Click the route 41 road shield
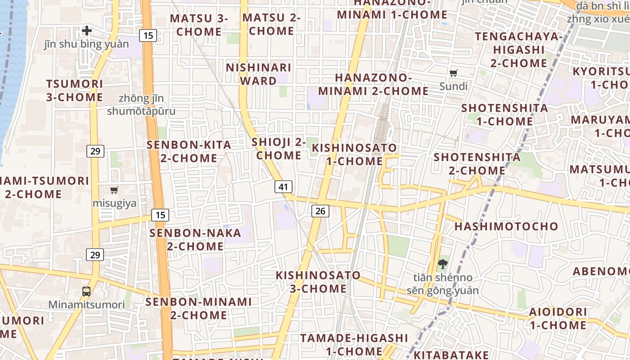283,187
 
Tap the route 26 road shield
320,211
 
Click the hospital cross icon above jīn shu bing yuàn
87,31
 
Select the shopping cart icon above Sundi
454,73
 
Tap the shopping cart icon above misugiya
114,190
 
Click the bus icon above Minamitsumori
86,291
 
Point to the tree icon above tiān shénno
443,264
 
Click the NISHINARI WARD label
258,74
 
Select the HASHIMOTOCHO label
506,226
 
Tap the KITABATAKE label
451,354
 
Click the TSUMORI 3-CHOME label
75,90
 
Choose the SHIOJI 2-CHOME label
279,149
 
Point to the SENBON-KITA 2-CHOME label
189,152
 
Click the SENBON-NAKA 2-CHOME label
195,240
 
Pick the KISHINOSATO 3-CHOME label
318,282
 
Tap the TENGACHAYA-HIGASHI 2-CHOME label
518,49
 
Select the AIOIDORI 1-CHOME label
558,318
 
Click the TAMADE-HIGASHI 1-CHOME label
354,344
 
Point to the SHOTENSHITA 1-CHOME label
504,115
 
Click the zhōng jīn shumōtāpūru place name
141,104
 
